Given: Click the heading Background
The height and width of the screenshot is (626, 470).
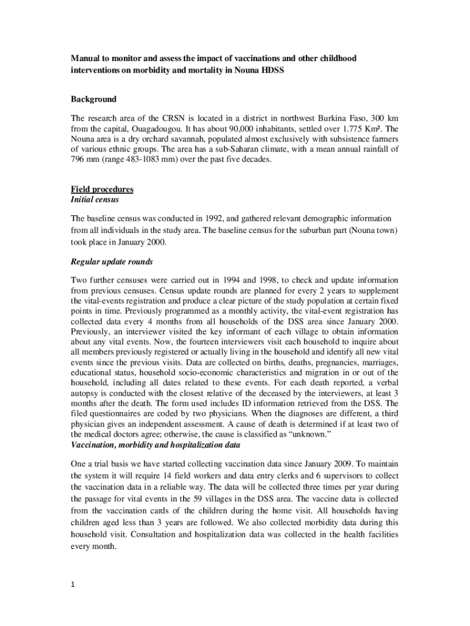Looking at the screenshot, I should [x=93, y=99].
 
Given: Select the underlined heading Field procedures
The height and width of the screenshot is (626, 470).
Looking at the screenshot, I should [x=102, y=190].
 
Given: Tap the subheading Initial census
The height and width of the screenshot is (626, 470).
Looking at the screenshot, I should [x=95, y=200].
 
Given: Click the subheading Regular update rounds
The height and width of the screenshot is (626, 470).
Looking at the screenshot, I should [x=112, y=262].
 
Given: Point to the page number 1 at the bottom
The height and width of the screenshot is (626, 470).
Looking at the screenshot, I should [x=72, y=585].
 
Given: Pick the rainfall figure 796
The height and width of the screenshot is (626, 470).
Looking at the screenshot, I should [x=79, y=160].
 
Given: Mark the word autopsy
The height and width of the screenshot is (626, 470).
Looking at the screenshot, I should [x=86, y=394].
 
